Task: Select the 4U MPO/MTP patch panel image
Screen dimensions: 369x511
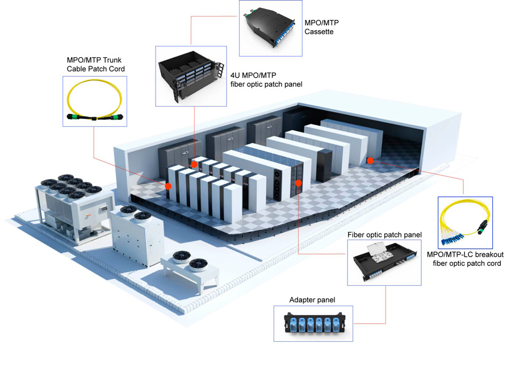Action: [190, 77]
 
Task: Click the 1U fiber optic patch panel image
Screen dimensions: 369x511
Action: [384, 261]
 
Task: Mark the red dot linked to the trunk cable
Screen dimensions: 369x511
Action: [169, 185]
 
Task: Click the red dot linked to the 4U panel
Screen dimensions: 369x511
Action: [194, 164]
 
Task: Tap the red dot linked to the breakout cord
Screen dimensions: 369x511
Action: [370, 160]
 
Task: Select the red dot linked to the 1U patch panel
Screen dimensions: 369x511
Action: [298, 183]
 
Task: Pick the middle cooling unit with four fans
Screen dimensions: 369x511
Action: [136, 232]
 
